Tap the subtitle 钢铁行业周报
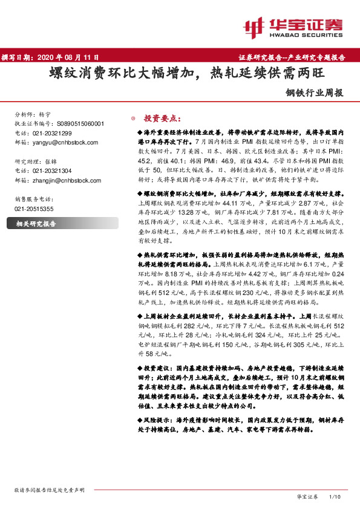(314, 94)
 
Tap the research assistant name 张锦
(54, 162)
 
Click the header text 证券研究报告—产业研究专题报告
(296, 57)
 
